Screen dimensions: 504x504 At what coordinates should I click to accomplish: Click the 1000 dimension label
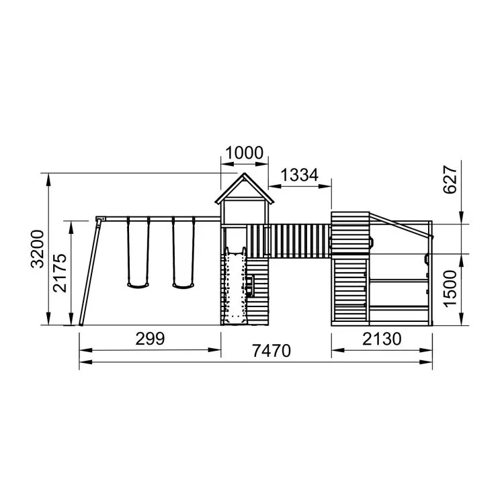(245, 153)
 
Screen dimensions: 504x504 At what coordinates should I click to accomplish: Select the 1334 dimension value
(300, 175)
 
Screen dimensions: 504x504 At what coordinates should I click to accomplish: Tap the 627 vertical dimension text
(450, 179)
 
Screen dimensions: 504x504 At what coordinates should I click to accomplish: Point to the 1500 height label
(450, 289)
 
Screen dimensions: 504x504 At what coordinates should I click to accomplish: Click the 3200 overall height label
(37, 249)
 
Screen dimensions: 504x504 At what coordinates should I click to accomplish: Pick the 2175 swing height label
(60, 273)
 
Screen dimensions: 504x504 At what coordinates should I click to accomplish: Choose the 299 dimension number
(150, 339)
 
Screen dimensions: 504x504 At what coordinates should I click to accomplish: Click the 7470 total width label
(271, 351)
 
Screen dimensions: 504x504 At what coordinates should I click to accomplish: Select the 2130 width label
(382, 339)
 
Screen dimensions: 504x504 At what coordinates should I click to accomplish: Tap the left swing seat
(138, 285)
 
